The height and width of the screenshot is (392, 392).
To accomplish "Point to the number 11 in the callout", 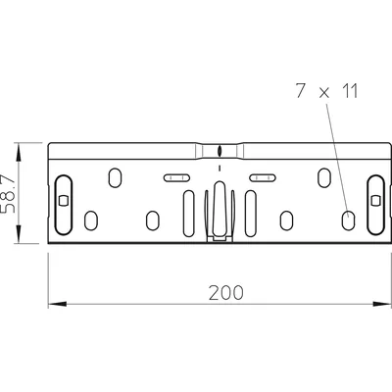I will tap(343, 94).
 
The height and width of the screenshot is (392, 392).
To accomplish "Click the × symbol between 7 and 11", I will tap(320, 95).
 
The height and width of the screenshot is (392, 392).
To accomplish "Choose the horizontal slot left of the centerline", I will tap(177, 177).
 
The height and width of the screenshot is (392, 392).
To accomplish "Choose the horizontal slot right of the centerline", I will tap(263, 177).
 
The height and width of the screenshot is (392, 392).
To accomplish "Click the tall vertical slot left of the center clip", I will tap(189, 210).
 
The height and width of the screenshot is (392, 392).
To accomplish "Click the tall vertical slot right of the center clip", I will tap(251, 210).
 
